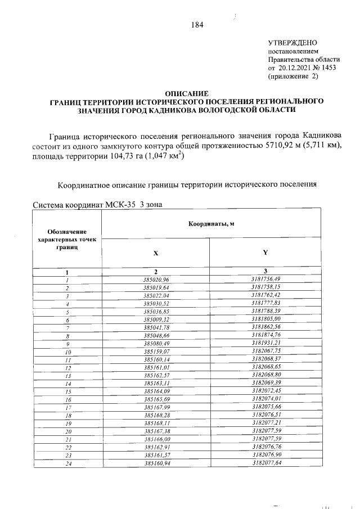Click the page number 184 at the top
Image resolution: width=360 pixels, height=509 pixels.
[196, 24]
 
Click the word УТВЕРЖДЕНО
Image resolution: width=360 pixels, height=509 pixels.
[293, 43]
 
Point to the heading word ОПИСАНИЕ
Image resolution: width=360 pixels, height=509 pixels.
[186, 93]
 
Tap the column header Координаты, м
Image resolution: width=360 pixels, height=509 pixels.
[211, 224]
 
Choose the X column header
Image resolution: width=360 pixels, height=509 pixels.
[156, 253]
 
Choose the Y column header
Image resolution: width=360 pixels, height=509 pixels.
[265, 253]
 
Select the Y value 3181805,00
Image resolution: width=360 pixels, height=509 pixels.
[265, 319]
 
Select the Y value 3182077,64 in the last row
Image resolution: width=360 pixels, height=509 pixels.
[265, 463]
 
